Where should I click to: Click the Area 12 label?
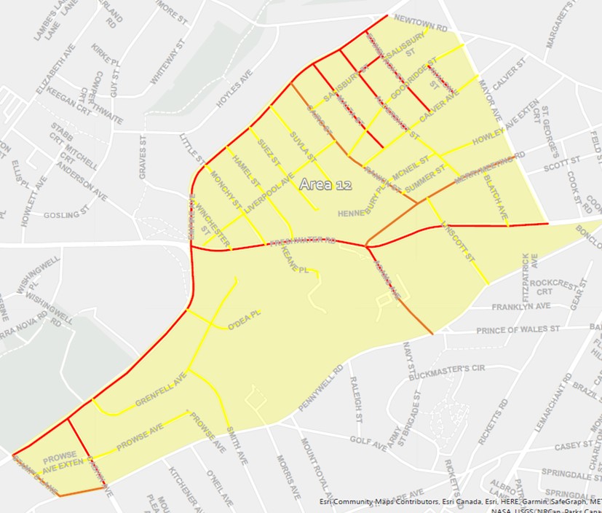[x=325, y=185]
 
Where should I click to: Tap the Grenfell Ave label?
[x=161, y=392]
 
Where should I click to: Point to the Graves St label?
[x=143, y=161]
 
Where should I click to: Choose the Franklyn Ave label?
[x=521, y=307]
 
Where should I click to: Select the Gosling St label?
[x=66, y=216]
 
